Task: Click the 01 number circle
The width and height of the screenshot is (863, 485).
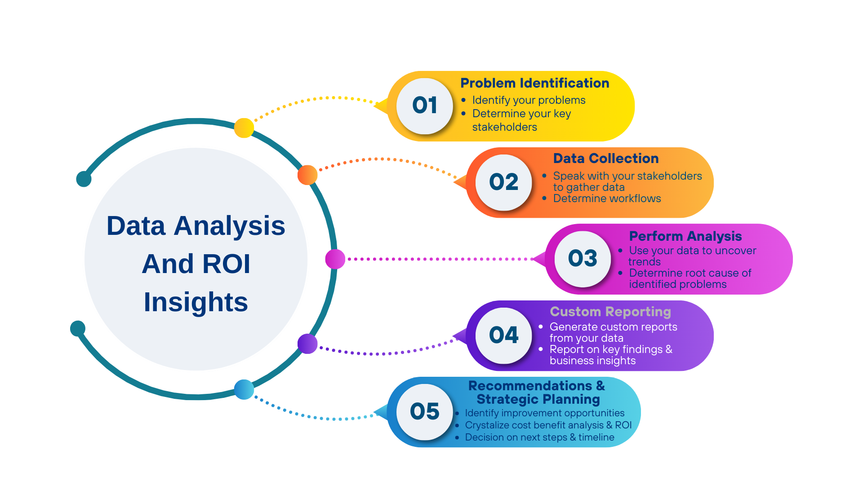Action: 425,106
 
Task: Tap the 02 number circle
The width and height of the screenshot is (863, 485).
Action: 504,182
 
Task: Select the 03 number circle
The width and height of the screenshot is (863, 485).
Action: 583,259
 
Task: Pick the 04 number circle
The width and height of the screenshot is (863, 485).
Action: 504,335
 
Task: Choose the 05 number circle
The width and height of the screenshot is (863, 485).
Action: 425,412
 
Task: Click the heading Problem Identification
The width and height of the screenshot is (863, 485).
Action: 535,83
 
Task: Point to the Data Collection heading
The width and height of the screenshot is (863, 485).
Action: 606,159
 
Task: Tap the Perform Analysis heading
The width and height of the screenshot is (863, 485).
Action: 685,236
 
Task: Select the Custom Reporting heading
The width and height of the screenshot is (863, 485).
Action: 610,312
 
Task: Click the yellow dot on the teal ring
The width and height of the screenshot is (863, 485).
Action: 244,128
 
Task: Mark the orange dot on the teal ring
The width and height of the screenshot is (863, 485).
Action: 307,175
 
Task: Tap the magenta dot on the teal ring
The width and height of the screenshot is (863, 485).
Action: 335,259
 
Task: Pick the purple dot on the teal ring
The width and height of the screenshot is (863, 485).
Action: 307,344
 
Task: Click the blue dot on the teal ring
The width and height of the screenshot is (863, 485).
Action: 244,389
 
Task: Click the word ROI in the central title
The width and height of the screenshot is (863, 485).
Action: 227,264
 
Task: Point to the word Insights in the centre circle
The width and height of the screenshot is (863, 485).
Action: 196,302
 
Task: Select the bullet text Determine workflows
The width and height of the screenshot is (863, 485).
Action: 607,198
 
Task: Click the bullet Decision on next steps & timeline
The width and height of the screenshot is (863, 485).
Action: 539,437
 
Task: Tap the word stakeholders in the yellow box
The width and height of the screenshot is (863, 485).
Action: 504,127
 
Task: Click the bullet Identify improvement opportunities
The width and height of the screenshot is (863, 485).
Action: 545,413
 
